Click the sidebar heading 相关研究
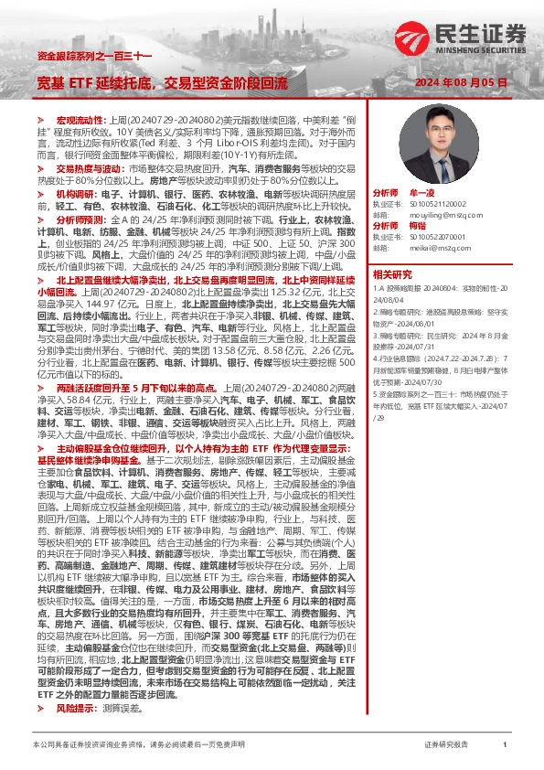[393, 273]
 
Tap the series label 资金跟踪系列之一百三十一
[80, 57]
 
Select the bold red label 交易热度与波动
[88, 169]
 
